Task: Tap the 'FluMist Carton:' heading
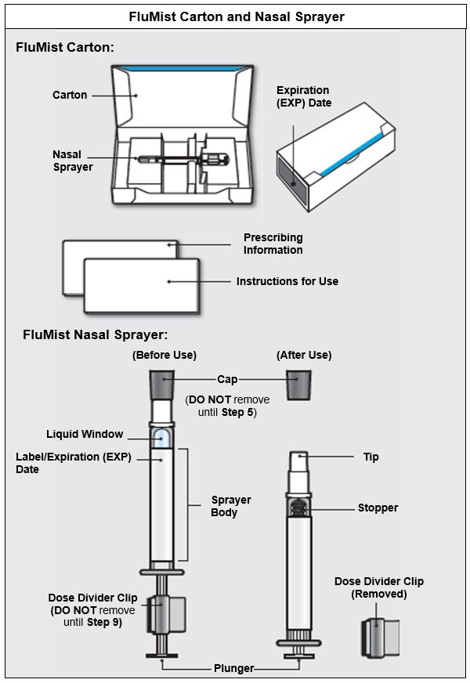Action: pyautogui.click(x=65, y=48)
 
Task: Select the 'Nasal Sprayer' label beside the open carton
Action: pyautogui.click(x=73, y=161)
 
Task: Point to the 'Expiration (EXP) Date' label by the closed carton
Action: pyautogui.click(x=304, y=96)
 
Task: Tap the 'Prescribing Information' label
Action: pyautogui.click(x=273, y=244)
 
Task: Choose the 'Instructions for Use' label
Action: pyautogui.click(x=287, y=281)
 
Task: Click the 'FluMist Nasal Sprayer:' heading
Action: pyautogui.click(x=96, y=334)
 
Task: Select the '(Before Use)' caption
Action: pyautogui.click(x=164, y=355)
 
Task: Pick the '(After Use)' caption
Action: pyautogui.click(x=304, y=355)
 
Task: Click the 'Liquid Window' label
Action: pyautogui.click(x=85, y=434)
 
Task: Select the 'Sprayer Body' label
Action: pyautogui.click(x=231, y=506)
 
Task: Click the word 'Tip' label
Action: pyautogui.click(x=371, y=457)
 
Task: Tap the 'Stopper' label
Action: pyautogui.click(x=378, y=508)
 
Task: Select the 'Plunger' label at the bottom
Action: pyautogui.click(x=234, y=668)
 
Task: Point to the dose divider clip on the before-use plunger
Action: pyautogui.click(x=167, y=613)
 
